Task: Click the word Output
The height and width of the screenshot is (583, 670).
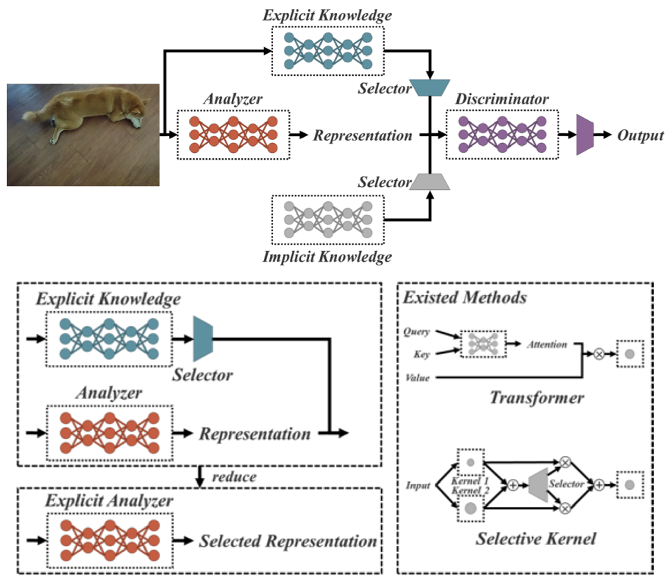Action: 640,136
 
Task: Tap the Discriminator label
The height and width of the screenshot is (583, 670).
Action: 502,99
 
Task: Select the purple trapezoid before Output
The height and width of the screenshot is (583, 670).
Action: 585,135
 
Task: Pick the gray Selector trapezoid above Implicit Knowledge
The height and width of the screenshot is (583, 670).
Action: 430,182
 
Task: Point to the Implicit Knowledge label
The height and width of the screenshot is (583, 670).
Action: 327,256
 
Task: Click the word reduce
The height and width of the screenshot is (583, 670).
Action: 234,477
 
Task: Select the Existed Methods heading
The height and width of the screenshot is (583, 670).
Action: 465,298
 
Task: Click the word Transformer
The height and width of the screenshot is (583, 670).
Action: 537,398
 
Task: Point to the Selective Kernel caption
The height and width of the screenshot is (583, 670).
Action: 536,539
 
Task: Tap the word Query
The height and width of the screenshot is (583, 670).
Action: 417,332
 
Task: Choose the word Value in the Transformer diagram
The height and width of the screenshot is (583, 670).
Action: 418,377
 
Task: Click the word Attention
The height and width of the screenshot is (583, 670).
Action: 547,344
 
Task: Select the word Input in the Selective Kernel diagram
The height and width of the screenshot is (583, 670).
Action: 418,485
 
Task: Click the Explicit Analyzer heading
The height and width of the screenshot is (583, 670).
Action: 109,501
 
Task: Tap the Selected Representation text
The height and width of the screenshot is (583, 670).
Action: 288,541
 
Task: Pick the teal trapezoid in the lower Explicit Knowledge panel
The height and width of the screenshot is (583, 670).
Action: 203,339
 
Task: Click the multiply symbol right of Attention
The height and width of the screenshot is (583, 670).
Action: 599,354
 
